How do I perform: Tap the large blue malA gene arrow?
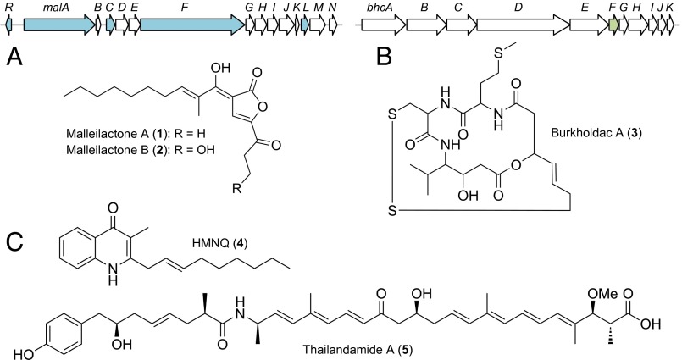pos(58,25)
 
